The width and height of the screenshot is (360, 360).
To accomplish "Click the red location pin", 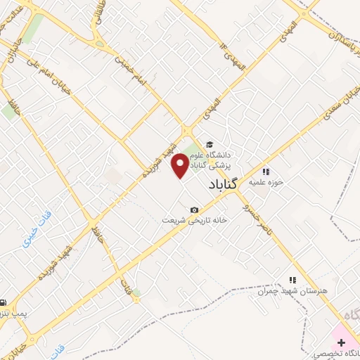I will (x=181, y=165).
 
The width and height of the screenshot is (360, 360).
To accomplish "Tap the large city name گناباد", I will (x=224, y=184).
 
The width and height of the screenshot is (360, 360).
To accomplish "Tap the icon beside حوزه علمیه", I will (x=266, y=172).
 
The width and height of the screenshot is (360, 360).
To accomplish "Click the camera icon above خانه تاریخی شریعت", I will (x=194, y=210).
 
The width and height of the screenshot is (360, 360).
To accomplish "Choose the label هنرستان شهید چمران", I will (x=288, y=290).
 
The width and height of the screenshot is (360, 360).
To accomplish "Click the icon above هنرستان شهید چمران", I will (x=291, y=279).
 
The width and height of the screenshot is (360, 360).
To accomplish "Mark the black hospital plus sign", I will (x=341, y=342).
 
